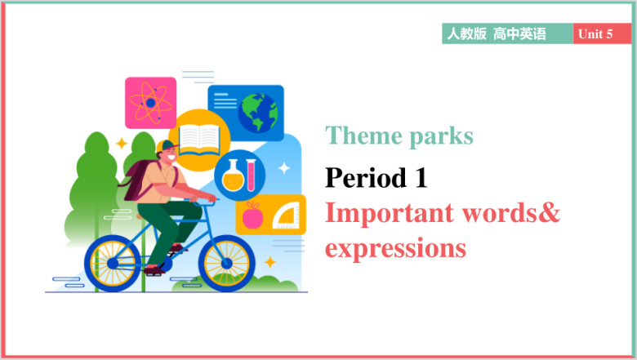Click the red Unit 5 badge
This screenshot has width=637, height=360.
602,33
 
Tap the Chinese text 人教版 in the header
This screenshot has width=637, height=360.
466,33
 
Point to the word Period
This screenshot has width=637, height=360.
366,177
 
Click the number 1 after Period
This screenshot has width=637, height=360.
421,178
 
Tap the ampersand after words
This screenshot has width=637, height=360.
549,212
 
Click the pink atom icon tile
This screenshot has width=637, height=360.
151,103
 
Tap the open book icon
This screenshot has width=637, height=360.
199,140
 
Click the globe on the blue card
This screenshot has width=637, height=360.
258,113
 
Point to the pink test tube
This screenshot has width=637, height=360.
251,175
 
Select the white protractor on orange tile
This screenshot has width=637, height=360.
287,217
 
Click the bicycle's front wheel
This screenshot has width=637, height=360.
227,264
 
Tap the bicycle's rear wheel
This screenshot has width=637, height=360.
113,264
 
